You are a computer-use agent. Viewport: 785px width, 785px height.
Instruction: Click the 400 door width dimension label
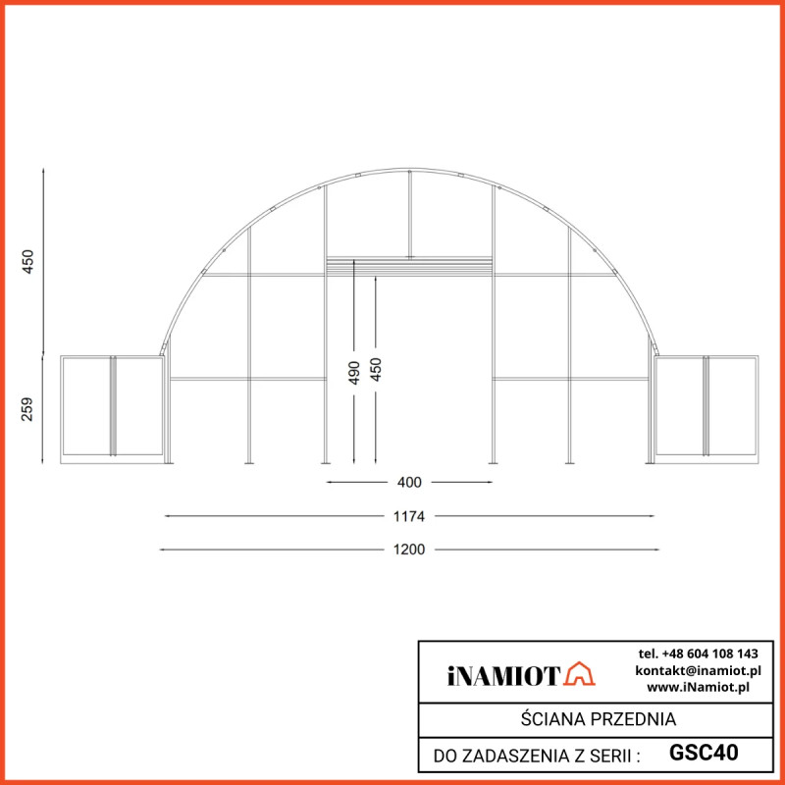point(410,482)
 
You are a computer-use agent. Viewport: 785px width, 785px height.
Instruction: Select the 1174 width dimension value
point(410,515)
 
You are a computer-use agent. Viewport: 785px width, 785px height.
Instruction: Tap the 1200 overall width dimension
point(410,549)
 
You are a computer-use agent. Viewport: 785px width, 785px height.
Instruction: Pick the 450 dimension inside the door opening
point(376,370)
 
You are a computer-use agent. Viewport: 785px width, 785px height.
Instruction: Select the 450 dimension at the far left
point(27,261)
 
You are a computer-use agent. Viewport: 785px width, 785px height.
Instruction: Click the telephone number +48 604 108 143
point(698,653)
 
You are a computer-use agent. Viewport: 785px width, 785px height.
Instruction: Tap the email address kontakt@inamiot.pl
point(698,669)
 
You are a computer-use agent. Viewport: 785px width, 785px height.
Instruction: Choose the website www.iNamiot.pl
point(698,686)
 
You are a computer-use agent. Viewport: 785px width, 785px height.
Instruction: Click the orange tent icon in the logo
point(580,674)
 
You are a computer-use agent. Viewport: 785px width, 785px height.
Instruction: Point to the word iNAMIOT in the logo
point(503,675)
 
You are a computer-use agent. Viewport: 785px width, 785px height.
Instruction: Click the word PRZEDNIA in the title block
point(635,719)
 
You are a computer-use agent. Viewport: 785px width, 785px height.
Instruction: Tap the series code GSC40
point(704,753)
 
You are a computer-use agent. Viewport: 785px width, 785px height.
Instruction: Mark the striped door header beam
point(409,264)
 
